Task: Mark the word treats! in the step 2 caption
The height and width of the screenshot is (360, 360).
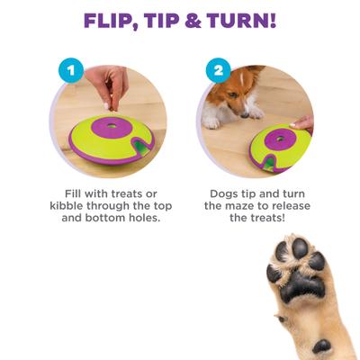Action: pos(265,220)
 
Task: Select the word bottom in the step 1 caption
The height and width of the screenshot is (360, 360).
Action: pos(105,220)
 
